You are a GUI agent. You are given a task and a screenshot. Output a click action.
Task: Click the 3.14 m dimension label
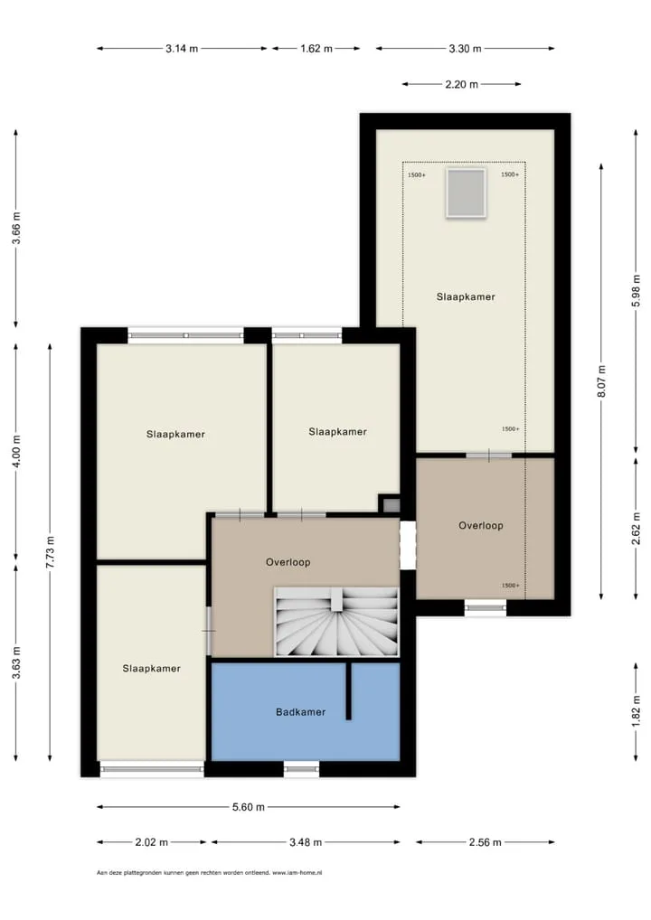tap(182, 49)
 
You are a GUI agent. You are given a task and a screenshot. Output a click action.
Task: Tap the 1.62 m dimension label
tap(316, 49)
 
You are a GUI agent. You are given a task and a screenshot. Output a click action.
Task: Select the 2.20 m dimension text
tap(461, 84)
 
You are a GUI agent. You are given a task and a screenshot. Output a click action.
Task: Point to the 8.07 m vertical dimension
tap(601, 380)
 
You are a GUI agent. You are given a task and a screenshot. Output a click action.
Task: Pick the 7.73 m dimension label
tap(51, 551)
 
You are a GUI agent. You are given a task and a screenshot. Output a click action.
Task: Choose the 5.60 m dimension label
tap(249, 807)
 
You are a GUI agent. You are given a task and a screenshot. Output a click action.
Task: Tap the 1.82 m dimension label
tap(636, 711)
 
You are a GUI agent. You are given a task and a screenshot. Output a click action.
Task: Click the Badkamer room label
tap(300, 712)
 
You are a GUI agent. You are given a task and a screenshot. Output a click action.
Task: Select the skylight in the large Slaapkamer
tap(466, 192)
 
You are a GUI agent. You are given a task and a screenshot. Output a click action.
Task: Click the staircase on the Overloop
tap(337, 622)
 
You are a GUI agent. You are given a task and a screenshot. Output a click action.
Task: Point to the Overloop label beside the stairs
tap(288, 562)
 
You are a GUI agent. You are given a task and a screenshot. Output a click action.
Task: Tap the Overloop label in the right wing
tap(481, 526)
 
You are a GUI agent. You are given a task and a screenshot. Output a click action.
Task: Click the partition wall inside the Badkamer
tap(349, 690)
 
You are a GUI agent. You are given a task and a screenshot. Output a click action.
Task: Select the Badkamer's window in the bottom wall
tap(302, 768)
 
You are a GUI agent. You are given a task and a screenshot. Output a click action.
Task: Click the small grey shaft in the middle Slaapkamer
tap(391, 504)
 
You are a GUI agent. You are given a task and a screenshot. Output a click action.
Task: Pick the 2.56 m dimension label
tap(485, 842)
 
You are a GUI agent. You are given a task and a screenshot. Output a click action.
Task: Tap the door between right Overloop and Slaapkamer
tap(489, 455)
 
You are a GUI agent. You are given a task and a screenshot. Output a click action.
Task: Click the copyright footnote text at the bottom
tap(210, 872)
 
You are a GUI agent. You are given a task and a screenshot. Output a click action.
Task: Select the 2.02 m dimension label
tap(152, 842)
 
